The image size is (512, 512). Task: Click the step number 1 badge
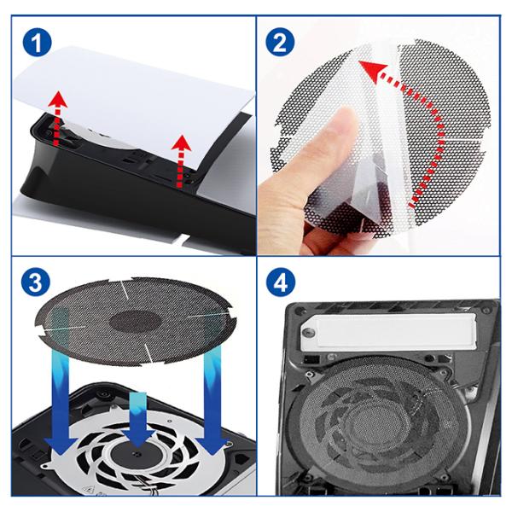[x=37, y=43]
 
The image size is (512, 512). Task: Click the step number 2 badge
[x=280, y=43]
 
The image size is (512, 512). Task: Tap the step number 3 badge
[x=36, y=282]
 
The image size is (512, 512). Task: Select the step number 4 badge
[x=281, y=282]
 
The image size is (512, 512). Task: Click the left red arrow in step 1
[x=58, y=119]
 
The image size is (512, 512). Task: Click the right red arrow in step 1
[x=181, y=161]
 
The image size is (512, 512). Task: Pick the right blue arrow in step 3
[x=212, y=402]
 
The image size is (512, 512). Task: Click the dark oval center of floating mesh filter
[x=136, y=320]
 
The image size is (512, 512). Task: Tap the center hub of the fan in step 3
[x=137, y=454]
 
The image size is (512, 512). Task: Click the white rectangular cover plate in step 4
[x=387, y=333]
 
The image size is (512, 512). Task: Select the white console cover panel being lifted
[x=134, y=104]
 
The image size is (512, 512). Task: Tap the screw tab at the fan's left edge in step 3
[x=46, y=466]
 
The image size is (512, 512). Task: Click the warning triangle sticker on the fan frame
[x=88, y=489]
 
